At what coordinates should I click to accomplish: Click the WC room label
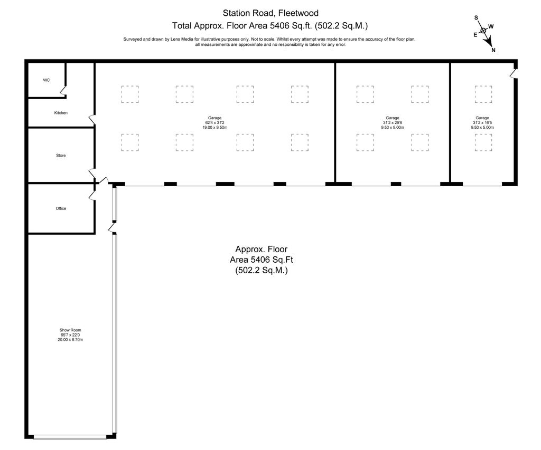point(46,80)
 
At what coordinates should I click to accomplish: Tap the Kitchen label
point(61,113)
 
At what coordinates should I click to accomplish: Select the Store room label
point(61,156)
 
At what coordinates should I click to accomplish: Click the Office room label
point(61,208)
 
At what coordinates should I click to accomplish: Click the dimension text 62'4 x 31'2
point(214,122)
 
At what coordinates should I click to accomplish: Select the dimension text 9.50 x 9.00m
point(393,127)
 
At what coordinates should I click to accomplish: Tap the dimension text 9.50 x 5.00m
point(482,127)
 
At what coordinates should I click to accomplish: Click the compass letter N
point(493,50)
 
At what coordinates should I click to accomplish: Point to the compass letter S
point(476,18)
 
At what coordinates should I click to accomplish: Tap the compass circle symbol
point(483,31)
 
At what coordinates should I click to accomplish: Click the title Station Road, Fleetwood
point(270,13)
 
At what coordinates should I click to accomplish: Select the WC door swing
point(63,91)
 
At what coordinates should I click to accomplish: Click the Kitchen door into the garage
point(92,120)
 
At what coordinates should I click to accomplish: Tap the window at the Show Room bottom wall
point(70,437)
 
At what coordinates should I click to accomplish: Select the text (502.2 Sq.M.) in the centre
point(262,270)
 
